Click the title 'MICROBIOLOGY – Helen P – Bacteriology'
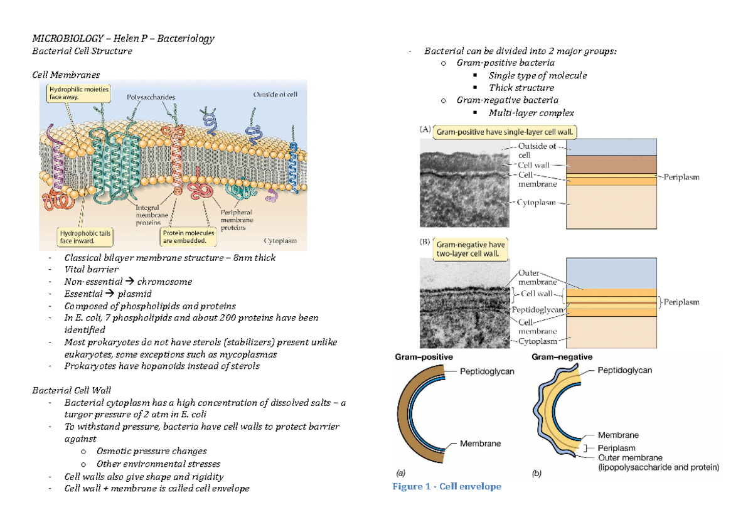click(x=123, y=38)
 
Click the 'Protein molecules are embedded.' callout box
click(x=188, y=236)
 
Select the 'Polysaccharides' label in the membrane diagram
click(x=151, y=97)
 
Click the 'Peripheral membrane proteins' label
click(x=236, y=220)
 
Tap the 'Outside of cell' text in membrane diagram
click(x=275, y=95)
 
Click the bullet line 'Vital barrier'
click(x=91, y=269)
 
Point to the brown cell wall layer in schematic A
click(x=612, y=164)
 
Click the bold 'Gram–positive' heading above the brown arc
click(x=423, y=357)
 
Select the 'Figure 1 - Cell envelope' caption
click(x=447, y=486)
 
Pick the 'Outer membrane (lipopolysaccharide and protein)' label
click(x=658, y=462)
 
